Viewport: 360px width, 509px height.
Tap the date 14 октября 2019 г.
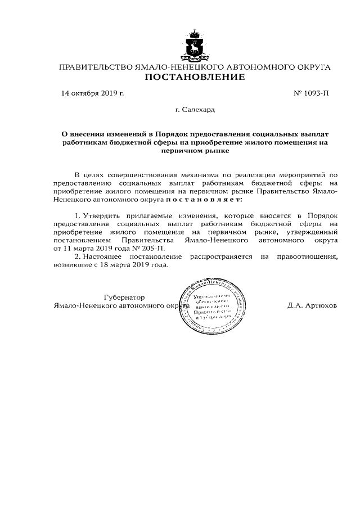[x=92, y=93]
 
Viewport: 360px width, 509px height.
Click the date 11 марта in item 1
[x=78, y=247]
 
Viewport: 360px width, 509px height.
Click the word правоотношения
[x=307, y=256]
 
